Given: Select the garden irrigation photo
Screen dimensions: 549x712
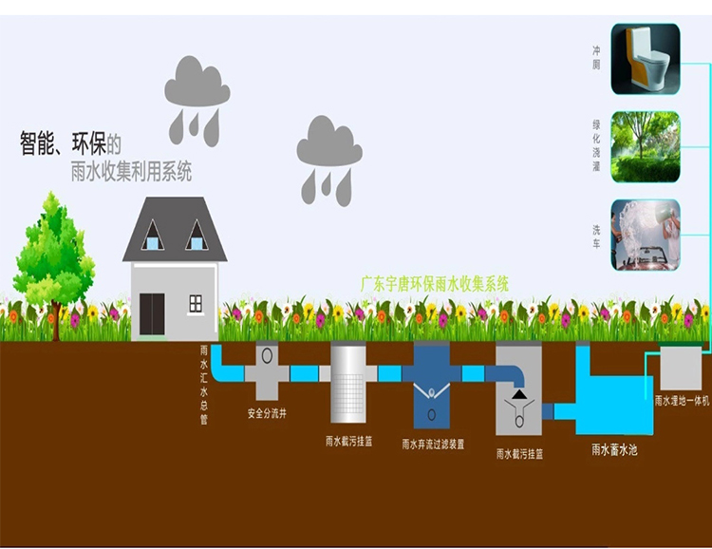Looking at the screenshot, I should pyautogui.click(x=645, y=146).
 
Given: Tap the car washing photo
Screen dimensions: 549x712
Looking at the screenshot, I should pyautogui.click(x=645, y=234).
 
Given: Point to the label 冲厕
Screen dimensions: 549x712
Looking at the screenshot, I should pyautogui.click(x=596, y=56).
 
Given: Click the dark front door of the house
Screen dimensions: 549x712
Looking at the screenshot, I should pyautogui.click(x=152, y=313).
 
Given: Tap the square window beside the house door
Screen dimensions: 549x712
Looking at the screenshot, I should pyautogui.click(x=196, y=303).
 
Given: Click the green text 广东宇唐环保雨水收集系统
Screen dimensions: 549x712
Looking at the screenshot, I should pyautogui.click(x=436, y=283).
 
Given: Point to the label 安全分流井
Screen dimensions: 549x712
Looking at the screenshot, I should pyautogui.click(x=267, y=414).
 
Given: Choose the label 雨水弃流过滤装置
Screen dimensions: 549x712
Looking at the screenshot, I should pyautogui.click(x=433, y=444).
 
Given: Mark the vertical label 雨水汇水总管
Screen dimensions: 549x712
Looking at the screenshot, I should pyautogui.click(x=203, y=384).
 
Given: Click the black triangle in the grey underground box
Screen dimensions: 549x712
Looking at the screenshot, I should pyautogui.click(x=518, y=392).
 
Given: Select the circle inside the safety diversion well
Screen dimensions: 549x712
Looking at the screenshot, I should pyautogui.click(x=267, y=355).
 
